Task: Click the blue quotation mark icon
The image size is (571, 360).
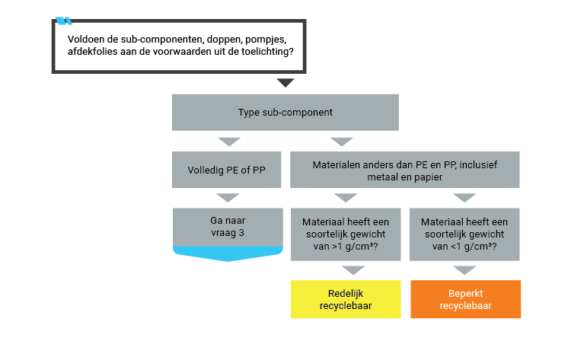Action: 64,21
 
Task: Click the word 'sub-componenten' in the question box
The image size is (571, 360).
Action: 138,38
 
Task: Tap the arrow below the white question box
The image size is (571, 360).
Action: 285,81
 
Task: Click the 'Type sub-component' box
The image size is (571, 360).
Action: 285,113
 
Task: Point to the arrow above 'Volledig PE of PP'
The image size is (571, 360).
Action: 228,142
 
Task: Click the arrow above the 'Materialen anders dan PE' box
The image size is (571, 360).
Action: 341,142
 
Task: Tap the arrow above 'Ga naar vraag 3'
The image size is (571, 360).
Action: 228,198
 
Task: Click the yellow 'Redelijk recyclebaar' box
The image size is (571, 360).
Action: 346,299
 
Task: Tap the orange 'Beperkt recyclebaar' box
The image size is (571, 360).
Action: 465,299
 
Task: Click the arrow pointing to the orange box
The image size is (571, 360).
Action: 464,270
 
